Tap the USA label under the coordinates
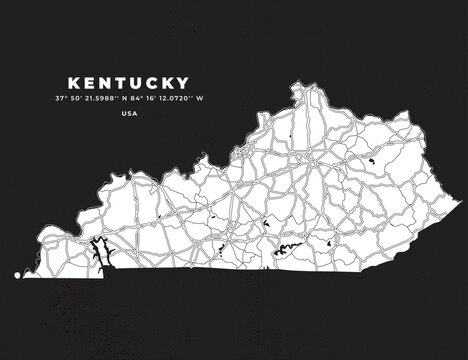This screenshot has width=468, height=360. [129, 113]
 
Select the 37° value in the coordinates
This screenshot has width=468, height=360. [62, 97]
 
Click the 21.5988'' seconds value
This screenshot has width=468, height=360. [106, 97]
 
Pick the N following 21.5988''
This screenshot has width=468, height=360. [131, 97]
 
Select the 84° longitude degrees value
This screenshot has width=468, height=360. [144, 97]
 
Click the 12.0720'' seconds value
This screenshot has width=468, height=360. [187, 97]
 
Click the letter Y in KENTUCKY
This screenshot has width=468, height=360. [189, 80]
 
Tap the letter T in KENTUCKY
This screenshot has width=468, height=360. [119, 80]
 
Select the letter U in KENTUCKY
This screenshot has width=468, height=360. [136, 80]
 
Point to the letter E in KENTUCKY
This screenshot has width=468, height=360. [86, 80]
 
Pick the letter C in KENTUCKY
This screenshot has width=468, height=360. [154, 80]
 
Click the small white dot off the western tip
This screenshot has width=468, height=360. [16, 271]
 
